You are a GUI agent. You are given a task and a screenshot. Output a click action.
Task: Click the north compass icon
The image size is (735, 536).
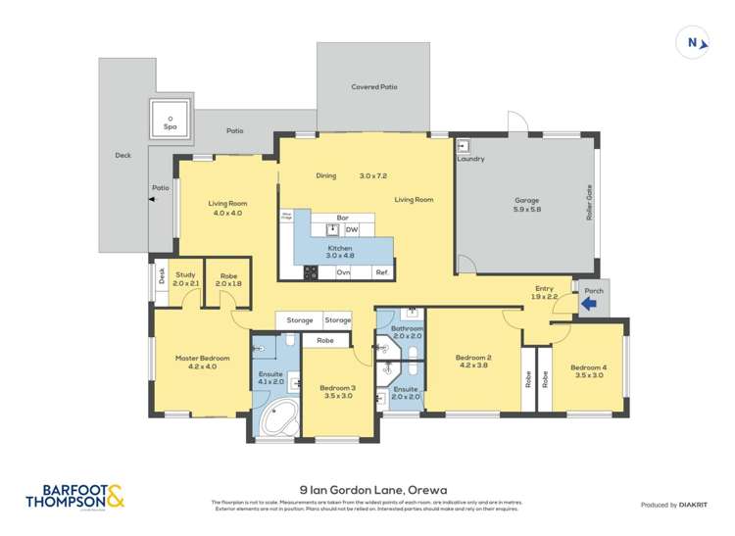(x=694, y=43)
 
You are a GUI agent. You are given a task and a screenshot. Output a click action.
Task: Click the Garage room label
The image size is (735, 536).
(x=526, y=204)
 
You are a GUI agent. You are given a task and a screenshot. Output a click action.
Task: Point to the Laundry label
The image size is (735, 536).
(x=470, y=159)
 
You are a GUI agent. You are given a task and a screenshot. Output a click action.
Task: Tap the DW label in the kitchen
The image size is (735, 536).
(x=351, y=229)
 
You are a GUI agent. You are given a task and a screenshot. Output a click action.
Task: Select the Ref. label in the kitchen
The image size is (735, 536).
(x=381, y=271)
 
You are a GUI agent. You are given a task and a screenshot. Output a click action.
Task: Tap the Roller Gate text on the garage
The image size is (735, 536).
(x=590, y=202)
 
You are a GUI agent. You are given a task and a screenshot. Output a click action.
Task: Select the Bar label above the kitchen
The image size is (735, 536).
(x=343, y=218)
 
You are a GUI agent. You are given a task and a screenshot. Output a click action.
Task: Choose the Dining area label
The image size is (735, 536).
(x=326, y=175)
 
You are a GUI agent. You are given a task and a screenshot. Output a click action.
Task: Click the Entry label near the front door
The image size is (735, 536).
(x=544, y=290)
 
